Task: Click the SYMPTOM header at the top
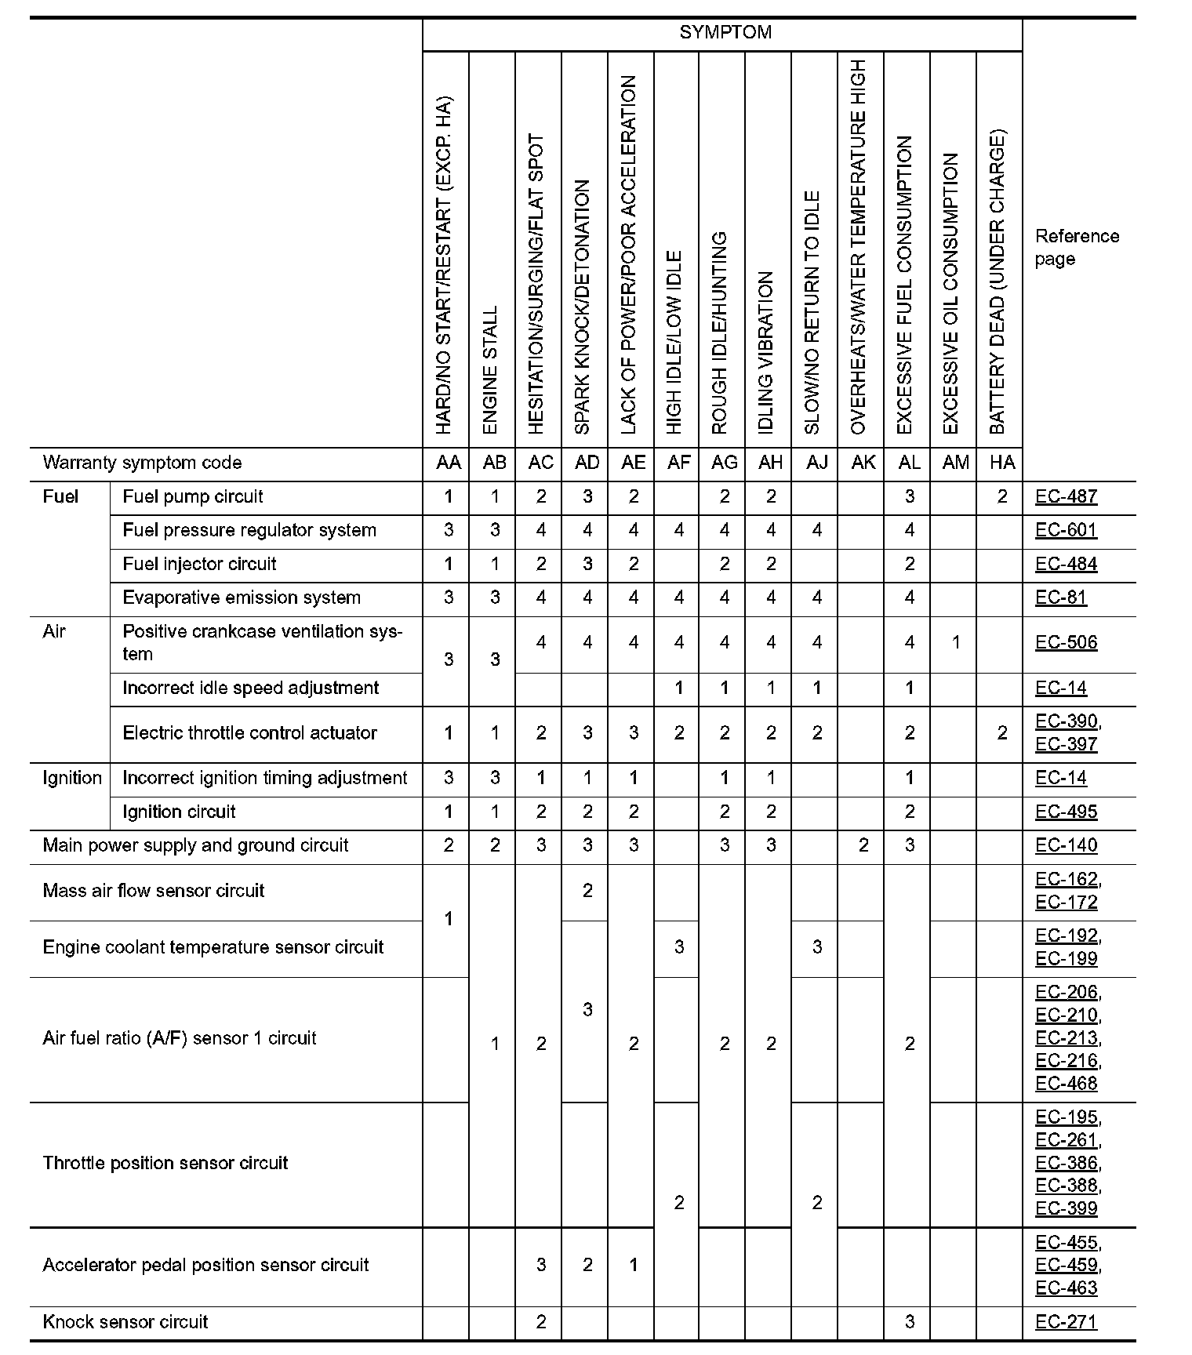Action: (x=725, y=33)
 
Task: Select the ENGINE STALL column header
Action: (x=491, y=369)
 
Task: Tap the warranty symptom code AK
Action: (x=863, y=463)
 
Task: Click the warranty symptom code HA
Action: (x=1001, y=463)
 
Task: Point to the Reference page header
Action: (x=1076, y=248)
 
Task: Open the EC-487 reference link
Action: (x=1066, y=497)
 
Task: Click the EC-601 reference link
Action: (x=1066, y=531)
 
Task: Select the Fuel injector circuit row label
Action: (x=199, y=565)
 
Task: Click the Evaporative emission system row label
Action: (x=242, y=598)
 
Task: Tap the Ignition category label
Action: (x=72, y=778)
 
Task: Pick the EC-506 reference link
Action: (x=1066, y=643)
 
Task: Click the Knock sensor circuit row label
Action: (x=125, y=1322)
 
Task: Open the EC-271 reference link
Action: (x=1066, y=1322)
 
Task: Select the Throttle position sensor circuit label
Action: (x=165, y=1163)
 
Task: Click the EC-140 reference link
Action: (x=1066, y=846)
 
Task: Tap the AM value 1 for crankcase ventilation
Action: (x=955, y=643)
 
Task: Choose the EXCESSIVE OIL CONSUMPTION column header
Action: (x=951, y=293)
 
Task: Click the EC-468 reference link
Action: (x=1066, y=1084)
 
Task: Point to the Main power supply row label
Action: (x=195, y=846)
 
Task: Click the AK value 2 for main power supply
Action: (x=863, y=846)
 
